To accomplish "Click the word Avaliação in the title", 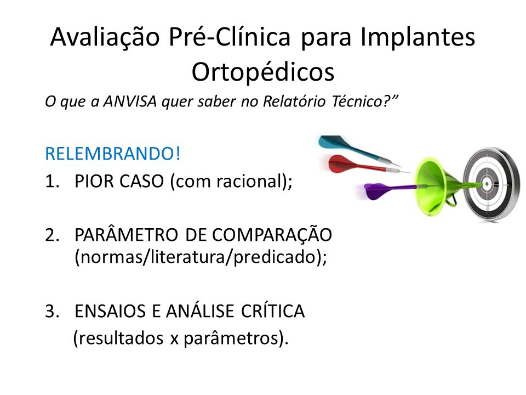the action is [x=105, y=36].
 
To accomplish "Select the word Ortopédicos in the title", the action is [x=263, y=71].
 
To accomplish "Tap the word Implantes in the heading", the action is [x=418, y=37].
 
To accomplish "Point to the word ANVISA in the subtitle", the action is [x=130, y=101].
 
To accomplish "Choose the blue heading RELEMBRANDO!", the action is [x=113, y=154].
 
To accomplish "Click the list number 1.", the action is [x=52, y=182].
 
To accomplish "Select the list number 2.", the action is [x=52, y=235].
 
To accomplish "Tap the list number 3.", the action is [x=52, y=311].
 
